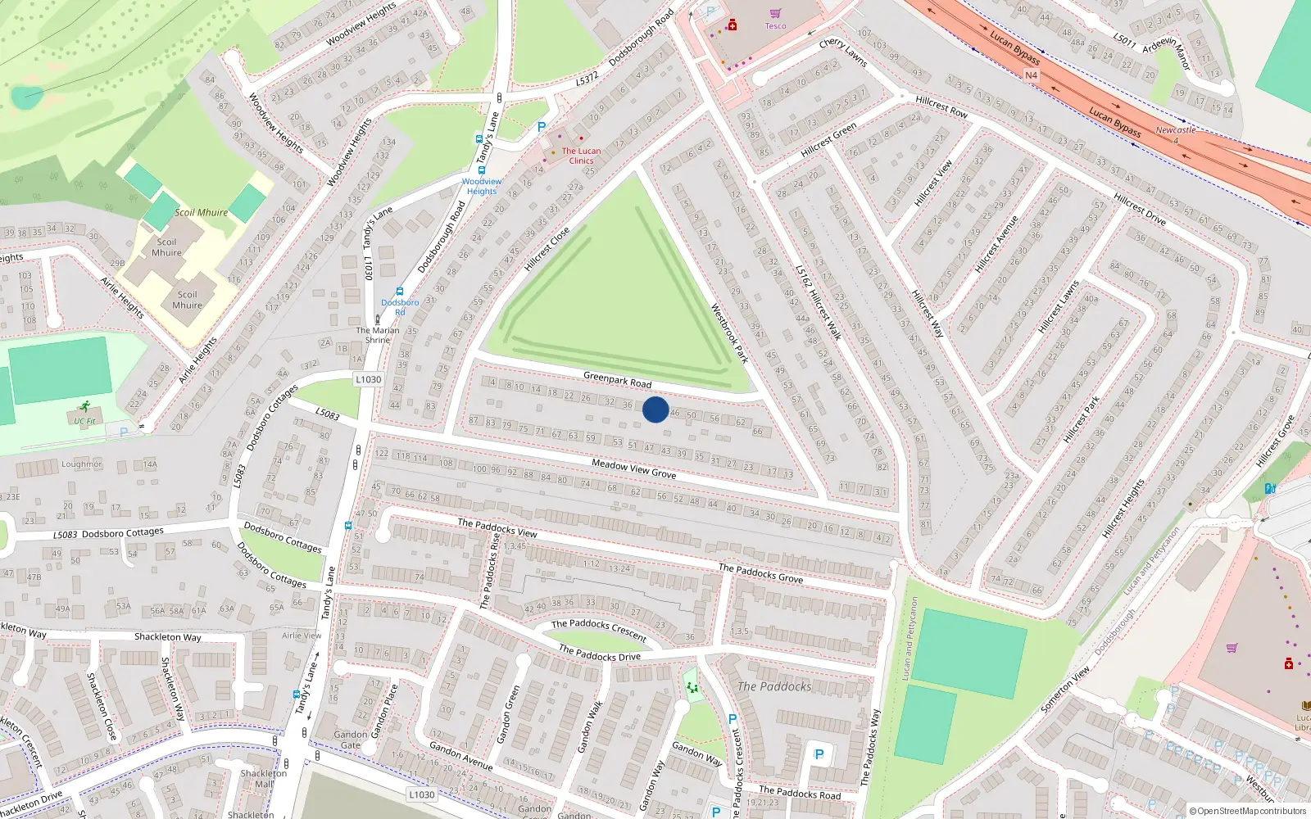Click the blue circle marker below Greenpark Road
tap(655, 409)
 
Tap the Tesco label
tap(775, 26)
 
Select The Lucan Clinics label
tap(581, 156)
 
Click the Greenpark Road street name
tap(617, 380)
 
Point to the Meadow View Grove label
tap(634, 468)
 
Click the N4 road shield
tap(1031, 75)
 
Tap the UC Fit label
tap(84, 422)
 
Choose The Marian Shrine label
tap(378, 335)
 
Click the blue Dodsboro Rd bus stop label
tap(400, 307)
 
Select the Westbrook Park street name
tap(729, 333)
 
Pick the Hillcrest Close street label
tap(547, 249)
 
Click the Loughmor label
tap(81, 464)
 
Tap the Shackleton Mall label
tap(263, 778)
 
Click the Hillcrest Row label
tap(941, 106)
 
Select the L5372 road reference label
tap(587, 79)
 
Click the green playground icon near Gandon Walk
tap(692, 687)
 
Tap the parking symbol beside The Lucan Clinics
tap(541, 127)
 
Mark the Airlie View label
tap(302, 636)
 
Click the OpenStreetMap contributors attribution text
tap(1247, 811)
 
